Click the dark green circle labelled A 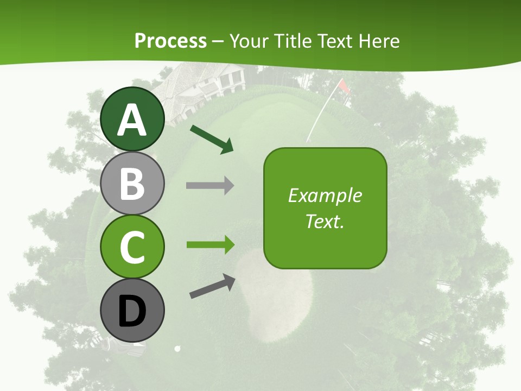[132, 119]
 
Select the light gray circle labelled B [132, 184]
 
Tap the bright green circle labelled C [132, 247]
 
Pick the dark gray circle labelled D [132, 311]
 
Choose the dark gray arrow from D [212, 286]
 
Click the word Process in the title [170, 41]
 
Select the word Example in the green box [325, 195]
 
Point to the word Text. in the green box [325, 221]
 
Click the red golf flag [344, 86]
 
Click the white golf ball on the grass [177, 349]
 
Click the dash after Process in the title [218, 41]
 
